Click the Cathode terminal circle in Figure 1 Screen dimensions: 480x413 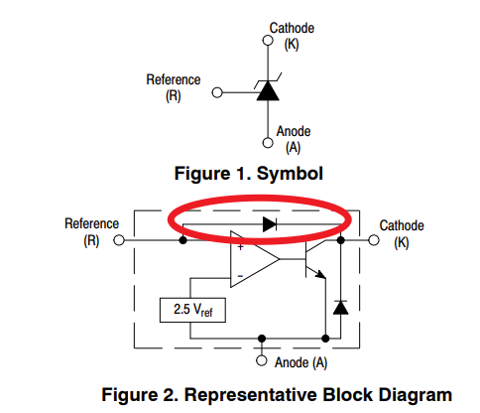[x=268, y=41]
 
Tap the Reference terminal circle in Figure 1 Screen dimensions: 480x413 [x=217, y=92]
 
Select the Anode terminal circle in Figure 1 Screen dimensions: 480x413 [x=268, y=143]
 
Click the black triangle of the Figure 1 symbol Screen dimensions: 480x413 [x=268, y=91]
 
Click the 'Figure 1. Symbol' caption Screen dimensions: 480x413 [x=249, y=174]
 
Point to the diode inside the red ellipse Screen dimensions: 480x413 [x=270, y=224]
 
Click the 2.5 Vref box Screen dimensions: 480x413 [x=192, y=310]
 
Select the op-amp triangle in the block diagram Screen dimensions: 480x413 [x=255, y=259]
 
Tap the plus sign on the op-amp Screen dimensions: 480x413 [x=240, y=247]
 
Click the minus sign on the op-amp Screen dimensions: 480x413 [x=240, y=276]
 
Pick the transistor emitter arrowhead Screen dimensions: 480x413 [x=320, y=274]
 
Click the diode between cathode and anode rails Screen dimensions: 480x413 [x=340, y=308]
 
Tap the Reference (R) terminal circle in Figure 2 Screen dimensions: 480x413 [x=119, y=240]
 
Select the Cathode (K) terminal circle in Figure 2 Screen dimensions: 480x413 [x=374, y=240]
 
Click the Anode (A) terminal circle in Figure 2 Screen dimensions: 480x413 [x=262, y=360]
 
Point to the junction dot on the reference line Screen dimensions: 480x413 [x=182, y=240]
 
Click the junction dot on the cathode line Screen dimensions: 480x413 [x=340, y=240]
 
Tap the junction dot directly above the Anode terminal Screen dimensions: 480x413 [x=262, y=339]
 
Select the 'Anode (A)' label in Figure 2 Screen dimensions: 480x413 [x=300, y=362]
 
